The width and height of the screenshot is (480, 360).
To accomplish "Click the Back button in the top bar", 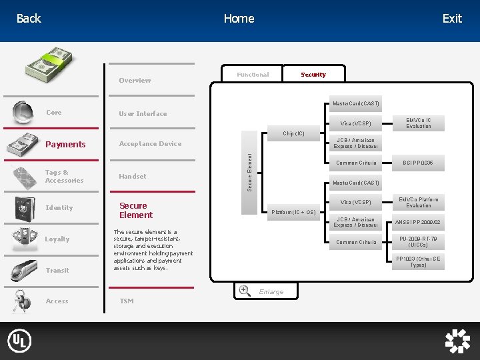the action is pyautogui.click(x=29, y=19).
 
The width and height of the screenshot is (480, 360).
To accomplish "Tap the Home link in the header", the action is pyautogui.click(x=239, y=19).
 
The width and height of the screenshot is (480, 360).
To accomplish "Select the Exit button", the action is pyautogui.click(x=452, y=19).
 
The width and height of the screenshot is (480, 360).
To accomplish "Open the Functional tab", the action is pyautogui.click(x=253, y=75).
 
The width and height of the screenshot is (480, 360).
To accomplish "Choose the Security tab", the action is pyautogui.click(x=313, y=75).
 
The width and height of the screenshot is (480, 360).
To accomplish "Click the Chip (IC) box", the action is pyautogui.click(x=293, y=133).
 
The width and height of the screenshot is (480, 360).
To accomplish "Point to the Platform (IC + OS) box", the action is pyautogui.click(x=293, y=212).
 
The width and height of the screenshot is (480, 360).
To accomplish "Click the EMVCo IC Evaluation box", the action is pyautogui.click(x=419, y=123).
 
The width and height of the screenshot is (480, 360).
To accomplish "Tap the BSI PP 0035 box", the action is pyautogui.click(x=419, y=163).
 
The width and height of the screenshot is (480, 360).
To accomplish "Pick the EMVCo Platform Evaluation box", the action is pyautogui.click(x=419, y=202).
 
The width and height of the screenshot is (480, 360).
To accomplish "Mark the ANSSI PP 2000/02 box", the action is pyautogui.click(x=419, y=222).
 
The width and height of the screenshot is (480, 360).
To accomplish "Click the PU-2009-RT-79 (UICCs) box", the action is pyautogui.click(x=419, y=242).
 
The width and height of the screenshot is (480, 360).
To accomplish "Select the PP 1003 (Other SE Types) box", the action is pyautogui.click(x=419, y=262).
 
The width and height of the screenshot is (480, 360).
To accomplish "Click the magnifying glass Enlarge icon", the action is pyautogui.click(x=245, y=291).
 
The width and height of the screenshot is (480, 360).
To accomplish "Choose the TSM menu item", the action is pyautogui.click(x=126, y=301).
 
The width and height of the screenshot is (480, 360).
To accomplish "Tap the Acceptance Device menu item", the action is pyautogui.click(x=150, y=144).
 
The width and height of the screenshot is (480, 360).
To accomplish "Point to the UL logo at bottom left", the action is pyautogui.click(x=19, y=341).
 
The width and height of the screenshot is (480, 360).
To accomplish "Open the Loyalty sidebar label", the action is pyautogui.click(x=57, y=239).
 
